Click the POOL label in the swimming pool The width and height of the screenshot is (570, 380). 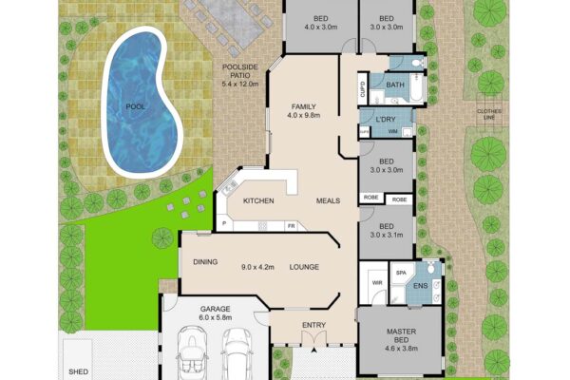[135, 107]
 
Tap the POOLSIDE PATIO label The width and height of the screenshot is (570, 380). [240, 71]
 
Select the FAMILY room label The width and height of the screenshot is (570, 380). [304, 106]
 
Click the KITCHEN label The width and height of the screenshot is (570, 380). [258, 200]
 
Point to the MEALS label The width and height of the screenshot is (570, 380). [328, 200]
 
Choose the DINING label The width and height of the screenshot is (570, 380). [205, 262]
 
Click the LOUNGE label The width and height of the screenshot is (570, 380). [304, 267]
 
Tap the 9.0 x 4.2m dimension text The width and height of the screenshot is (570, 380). [257, 267]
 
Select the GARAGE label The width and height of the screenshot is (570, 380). [216, 309]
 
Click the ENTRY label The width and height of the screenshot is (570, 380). [314, 325]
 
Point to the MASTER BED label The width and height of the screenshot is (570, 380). [401, 335]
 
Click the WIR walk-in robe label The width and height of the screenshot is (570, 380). [377, 282]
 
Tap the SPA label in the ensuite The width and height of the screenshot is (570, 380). [401, 273]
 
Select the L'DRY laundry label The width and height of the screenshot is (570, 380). [386, 120]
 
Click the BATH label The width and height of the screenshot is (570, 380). [395, 85]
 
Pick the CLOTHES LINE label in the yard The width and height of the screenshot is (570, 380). [489, 114]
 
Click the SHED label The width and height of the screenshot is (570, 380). [79, 371]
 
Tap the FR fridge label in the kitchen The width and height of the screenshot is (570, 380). [292, 226]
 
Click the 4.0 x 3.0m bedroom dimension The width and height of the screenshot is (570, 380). [321, 27]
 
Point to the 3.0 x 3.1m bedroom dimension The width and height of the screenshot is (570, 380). [387, 235]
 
